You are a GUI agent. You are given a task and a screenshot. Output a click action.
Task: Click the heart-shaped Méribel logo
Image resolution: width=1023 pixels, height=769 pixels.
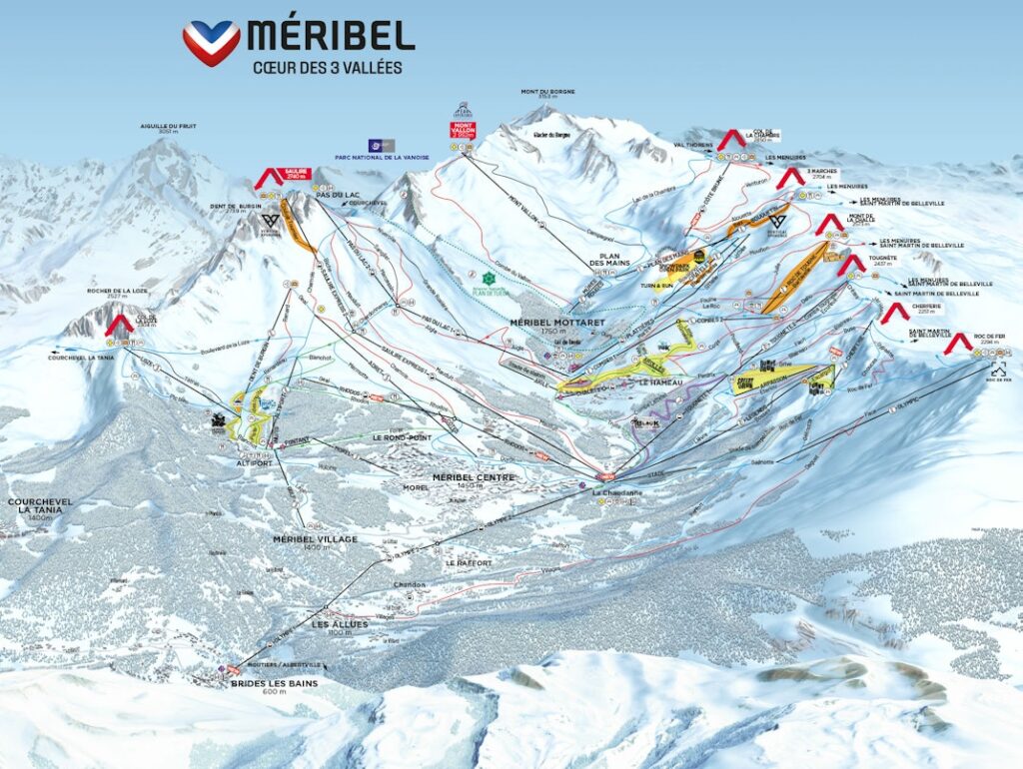211,42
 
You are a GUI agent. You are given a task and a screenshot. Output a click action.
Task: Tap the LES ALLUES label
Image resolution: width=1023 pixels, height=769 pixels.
340,624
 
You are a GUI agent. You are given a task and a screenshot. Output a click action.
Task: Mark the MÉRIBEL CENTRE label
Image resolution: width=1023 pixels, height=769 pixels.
474,477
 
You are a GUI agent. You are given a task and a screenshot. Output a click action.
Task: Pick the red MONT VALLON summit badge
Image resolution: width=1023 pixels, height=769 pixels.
465,130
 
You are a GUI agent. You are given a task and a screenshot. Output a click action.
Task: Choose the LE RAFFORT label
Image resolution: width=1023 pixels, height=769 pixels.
470,562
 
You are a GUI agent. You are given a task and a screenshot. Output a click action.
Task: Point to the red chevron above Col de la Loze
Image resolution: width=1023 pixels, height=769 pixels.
121,324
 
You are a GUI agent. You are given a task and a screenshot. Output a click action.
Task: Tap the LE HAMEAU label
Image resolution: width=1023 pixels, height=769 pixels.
657,382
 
